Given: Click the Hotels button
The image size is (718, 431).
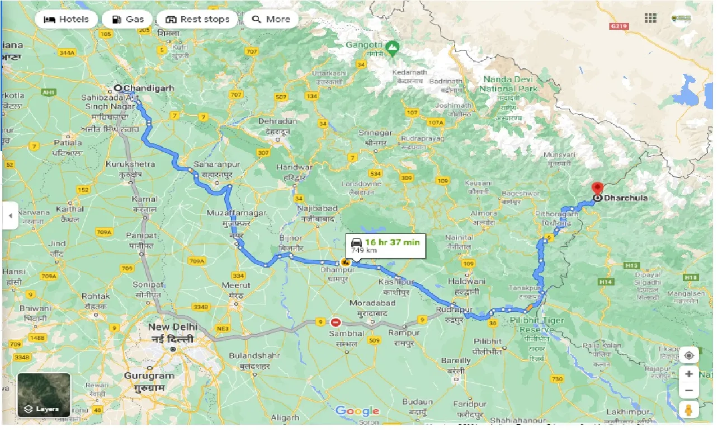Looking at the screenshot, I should pyautogui.click(x=66, y=19).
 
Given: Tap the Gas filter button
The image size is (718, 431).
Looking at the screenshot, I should pyautogui.click(x=128, y=19).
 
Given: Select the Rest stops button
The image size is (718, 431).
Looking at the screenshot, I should pyautogui.click(x=198, y=19).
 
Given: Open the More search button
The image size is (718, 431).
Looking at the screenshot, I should pyautogui.click(x=271, y=19).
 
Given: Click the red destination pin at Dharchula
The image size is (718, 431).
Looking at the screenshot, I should pyautogui.click(x=597, y=189).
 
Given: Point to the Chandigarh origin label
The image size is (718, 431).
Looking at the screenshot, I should pyautogui.click(x=148, y=88).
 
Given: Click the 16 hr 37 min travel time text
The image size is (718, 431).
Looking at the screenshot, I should pyautogui.click(x=392, y=242).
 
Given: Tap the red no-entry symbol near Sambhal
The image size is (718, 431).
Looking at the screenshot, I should pyautogui.click(x=336, y=322).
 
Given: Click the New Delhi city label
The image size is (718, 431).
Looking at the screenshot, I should pyautogui.click(x=171, y=326).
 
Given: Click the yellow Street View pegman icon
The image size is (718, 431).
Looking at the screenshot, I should pyautogui.click(x=689, y=409).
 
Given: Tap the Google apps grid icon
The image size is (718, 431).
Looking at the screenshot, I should pyautogui.click(x=650, y=18).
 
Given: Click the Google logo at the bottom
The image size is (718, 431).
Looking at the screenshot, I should pyautogui.click(x=358, y=411).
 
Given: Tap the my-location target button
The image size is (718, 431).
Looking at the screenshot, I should pyautogui.click(x=689, y=355).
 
